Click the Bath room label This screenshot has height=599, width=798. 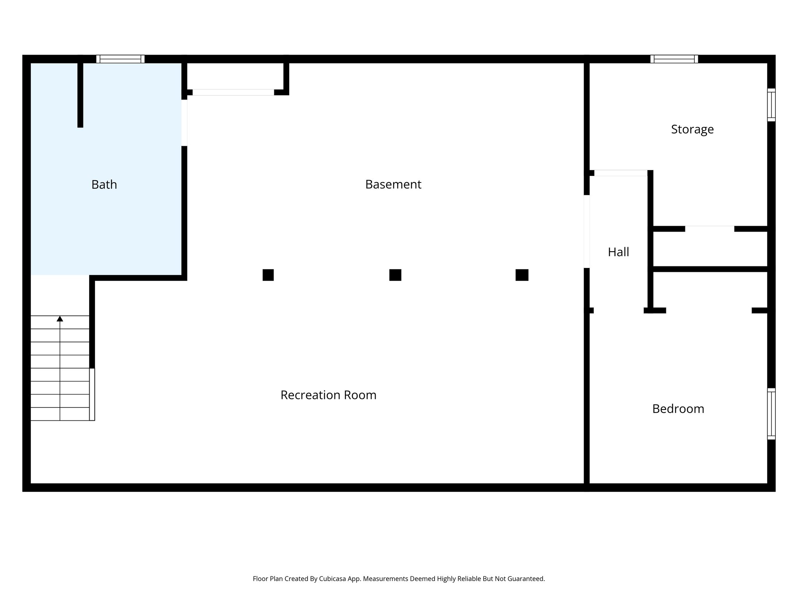pyautogui.click(x=104, y=184)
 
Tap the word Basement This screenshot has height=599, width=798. pyautogui.click(x=393, y=184)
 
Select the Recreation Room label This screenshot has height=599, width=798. pyautogui.click(x=328, y=395)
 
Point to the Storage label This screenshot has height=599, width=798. pyautogui.click(x=692, y=129)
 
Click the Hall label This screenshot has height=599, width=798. pyautogui.click(x=618, y=252)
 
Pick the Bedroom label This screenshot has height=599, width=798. pyautogui.click(x=678, y=409)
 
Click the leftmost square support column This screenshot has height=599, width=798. pyautogui.click(x=268, y=275)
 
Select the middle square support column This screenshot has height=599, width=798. pyautogui.click(x=395, y=275)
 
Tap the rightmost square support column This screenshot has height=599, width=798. pyautogui.click(x=522, y=275)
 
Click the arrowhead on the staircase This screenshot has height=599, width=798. pyautogui.click(x=60, y=319)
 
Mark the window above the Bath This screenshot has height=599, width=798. pyautogui.click(x=120, y=59)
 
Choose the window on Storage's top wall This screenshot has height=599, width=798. pyautogui.click(x=674, y=59)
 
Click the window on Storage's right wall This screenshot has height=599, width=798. pyautogui.click(x=771, y=105)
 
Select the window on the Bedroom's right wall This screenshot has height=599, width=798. pyautogui.click(x=771, y=414)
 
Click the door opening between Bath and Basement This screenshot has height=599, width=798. pyautogui.click(x=184, y=122)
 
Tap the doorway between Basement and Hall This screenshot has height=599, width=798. pyautogui.click(x=586, y=231)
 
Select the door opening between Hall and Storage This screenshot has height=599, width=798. pyautogui.click(x=620, y=173)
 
